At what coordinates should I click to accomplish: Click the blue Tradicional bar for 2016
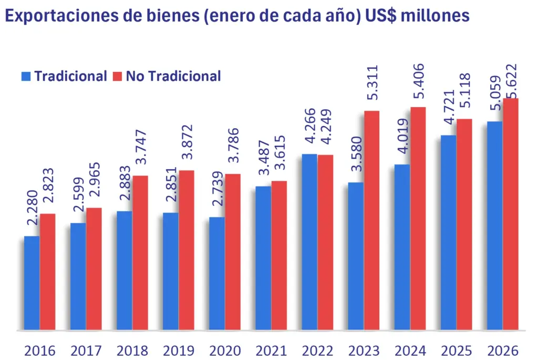coord(32,284)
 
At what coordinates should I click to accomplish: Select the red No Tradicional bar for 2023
coord(371,221)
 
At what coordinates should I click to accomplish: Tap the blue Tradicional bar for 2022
coord(309,242)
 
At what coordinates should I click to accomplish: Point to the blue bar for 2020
coord(217,274)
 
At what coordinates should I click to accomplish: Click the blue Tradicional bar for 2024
coord(402,248)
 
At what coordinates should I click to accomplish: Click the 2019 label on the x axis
coord(178,350)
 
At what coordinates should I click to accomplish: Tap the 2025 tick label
coord(456,350)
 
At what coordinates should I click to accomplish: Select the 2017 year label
coord(86,350)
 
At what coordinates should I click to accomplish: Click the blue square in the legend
coord(27,76)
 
